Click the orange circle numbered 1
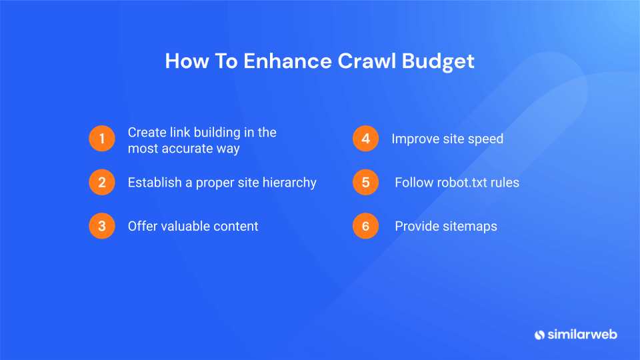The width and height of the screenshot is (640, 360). coord(102,139)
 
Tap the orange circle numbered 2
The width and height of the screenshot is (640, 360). coord(102,183)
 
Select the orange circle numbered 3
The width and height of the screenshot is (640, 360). coord(102,226)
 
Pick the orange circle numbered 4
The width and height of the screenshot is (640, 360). coord(365,139)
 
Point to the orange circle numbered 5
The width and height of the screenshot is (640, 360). coord(365,183)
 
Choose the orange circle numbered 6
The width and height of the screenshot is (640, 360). coord(365,226)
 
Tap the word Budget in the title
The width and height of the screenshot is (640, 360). coord(438,61)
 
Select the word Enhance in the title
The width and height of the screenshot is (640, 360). coord(287,61)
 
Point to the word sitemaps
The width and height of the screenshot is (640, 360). coord(470,226)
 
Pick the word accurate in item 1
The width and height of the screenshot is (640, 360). coord(187,148)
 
